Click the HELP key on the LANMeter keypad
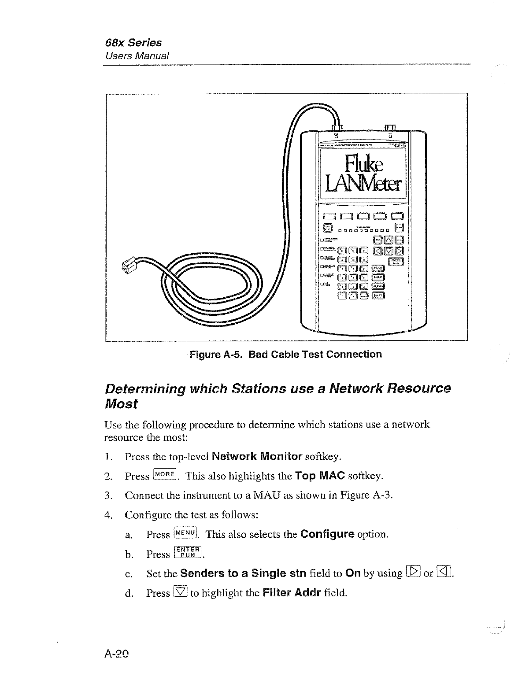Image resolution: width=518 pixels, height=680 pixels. click(x=379, y=277)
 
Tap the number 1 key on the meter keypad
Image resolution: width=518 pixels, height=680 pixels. click(x=342, y=286)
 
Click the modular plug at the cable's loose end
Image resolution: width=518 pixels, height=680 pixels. click(x=129, y=267)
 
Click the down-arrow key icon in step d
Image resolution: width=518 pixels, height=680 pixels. click(x=181, y=592)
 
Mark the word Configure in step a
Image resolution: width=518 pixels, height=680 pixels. click(x=327, y=534)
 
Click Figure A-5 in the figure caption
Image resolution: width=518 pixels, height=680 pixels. click(x=215, y=355)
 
